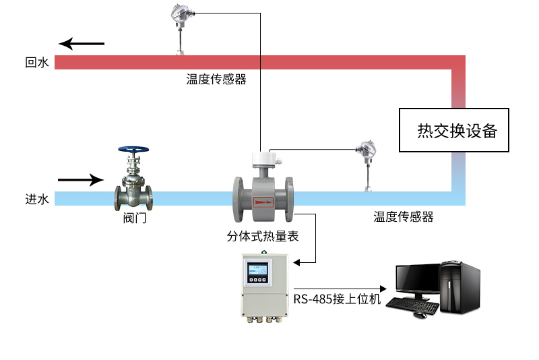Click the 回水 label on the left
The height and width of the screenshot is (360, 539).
(36, 63)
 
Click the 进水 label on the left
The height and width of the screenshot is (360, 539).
(36, 199)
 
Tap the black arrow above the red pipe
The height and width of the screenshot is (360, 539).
(82, 44)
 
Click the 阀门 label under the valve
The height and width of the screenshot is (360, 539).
(134, 218)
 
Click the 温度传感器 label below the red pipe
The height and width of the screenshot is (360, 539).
(216, 80)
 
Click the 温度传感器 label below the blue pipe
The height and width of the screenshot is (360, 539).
(404, 216)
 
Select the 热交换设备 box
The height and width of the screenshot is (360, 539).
(453, 130)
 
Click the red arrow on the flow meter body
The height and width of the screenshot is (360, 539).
(263, 200)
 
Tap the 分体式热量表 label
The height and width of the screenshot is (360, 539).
(263, 237)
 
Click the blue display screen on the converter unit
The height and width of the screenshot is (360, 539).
(259, 274)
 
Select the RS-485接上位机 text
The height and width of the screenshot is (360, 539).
(337, 299)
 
